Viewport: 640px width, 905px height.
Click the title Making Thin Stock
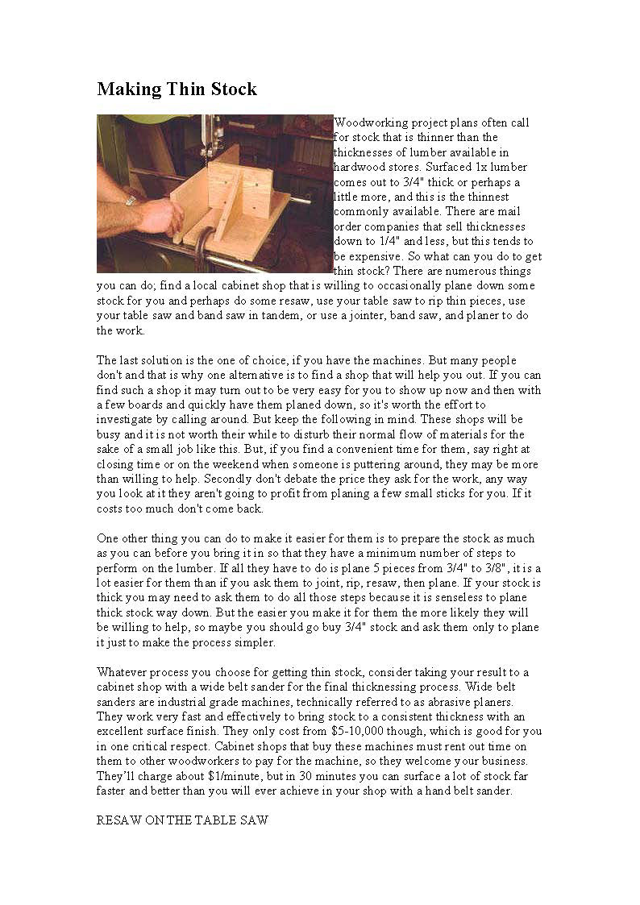pyautogui.click(x=177, y=89)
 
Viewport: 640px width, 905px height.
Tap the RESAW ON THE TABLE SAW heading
pyautogui.click(x=182, y=820)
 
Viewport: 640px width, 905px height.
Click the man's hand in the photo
pyautogui.click(x=161, y=215)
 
